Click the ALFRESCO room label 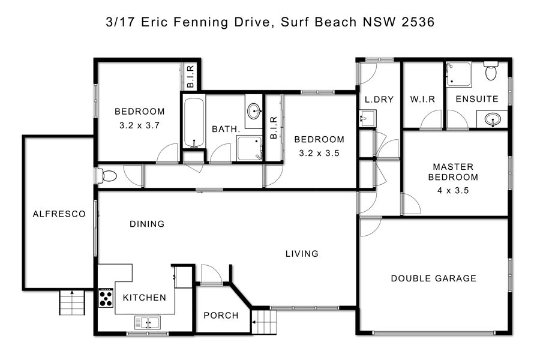point(59,214)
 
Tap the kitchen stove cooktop point(106,298)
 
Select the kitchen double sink point(148,322)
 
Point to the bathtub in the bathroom point(194,122)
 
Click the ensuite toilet point(491,71)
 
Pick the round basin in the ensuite point(493,120)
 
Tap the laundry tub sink point(367,119)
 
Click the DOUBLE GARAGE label point(434,278)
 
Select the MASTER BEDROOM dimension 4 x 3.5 point(453,191)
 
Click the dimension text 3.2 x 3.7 point(139,125)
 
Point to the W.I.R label point(422,100)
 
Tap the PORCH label point(221,316)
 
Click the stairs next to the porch point(264,322)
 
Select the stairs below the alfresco point(72,302)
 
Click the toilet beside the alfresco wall point(107,176)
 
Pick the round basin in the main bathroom point(254,111)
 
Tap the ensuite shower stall point(459,74)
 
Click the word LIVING point(302,254)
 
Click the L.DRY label point(379,100)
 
